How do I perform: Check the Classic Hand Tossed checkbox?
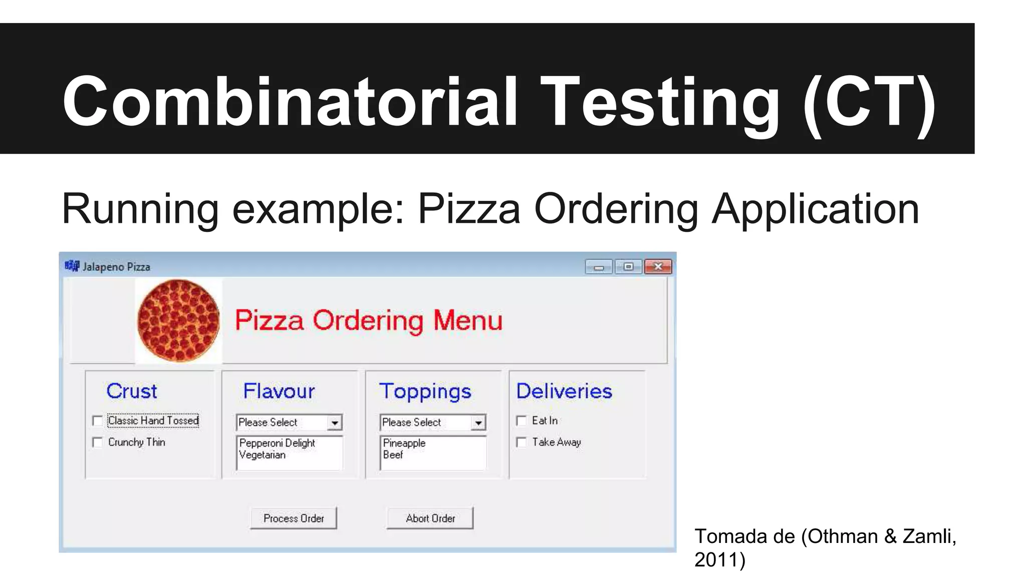point(98,421)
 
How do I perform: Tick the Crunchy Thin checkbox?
point(98,442)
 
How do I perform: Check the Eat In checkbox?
point(522,421)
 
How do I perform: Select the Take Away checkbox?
point(522,442)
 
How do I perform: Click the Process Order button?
point(294,518)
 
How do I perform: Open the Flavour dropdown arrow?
point(335,423)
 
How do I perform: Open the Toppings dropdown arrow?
point(478,423)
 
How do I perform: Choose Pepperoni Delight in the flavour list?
point(277,443)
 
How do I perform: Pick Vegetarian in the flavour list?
point(263,455)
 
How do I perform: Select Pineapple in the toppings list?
point(404,443)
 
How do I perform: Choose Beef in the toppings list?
point(393,455)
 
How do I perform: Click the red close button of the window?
point(658,266)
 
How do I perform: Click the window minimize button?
point(599,266)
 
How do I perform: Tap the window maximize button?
point(628,266)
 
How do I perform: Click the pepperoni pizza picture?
point(178,321)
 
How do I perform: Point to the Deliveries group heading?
point(564,391)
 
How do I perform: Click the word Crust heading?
point(132,391)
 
